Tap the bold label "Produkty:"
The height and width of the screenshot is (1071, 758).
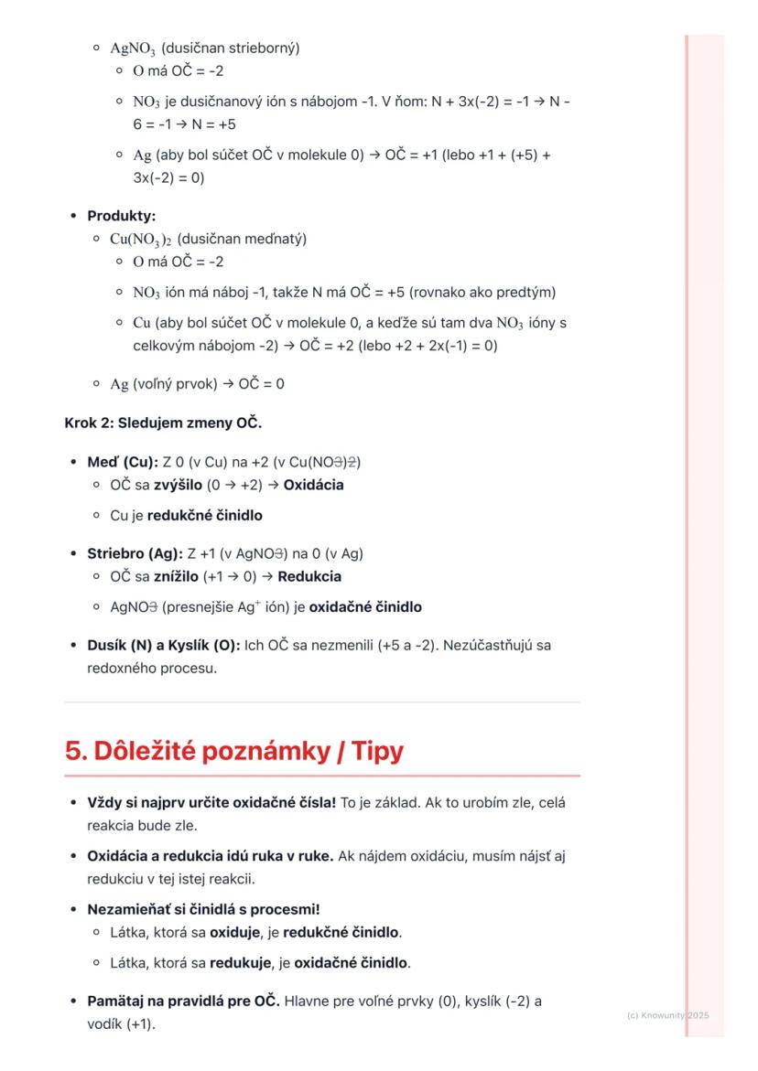(122, 216)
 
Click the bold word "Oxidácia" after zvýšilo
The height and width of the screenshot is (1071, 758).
(313, 485)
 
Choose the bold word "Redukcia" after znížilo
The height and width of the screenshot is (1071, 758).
(309, 576)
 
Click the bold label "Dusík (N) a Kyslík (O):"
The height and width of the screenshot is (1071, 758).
(164, 645)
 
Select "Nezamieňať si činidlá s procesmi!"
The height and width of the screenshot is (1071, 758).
(203, 909)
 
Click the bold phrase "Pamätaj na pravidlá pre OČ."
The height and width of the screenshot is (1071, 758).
(183, 1001)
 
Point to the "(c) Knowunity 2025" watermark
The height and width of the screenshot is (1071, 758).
(668, 1015)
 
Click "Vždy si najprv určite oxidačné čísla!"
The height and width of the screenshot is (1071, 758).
(211, 803)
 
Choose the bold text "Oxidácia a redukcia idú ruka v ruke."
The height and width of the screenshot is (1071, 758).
(211, 856)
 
